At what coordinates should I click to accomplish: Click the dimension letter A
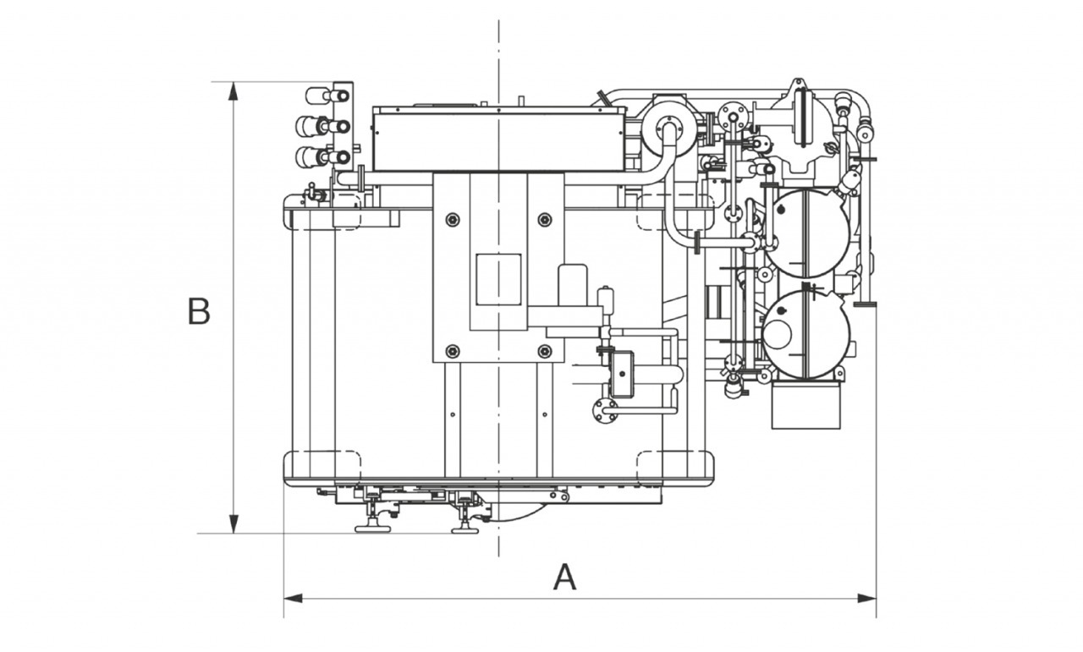564,578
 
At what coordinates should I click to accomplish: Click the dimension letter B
199,312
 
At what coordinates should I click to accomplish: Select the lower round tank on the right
805,334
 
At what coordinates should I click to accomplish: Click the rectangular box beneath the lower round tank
808,404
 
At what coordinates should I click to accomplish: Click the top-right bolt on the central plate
544,221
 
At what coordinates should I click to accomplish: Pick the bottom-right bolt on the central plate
544,351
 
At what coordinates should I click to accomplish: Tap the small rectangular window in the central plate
498,279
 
